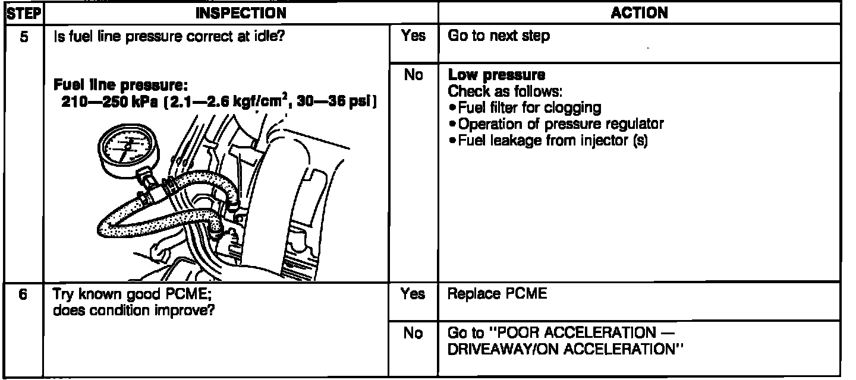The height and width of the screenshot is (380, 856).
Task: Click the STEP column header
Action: point(21,12)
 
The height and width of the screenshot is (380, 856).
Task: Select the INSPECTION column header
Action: point(241,12)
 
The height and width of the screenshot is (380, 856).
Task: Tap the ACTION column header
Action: point(639,12)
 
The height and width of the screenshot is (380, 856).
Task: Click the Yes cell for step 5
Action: point(413,36)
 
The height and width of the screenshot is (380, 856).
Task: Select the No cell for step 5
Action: point(413,75)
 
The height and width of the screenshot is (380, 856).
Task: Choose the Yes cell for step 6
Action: point(413,294)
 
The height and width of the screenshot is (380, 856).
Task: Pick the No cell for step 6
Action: point(413,334)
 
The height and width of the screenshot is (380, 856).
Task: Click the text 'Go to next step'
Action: point(499,36)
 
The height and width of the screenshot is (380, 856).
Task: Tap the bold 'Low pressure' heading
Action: point(496,75)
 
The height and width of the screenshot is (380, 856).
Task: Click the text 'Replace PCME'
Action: point(496,294)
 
